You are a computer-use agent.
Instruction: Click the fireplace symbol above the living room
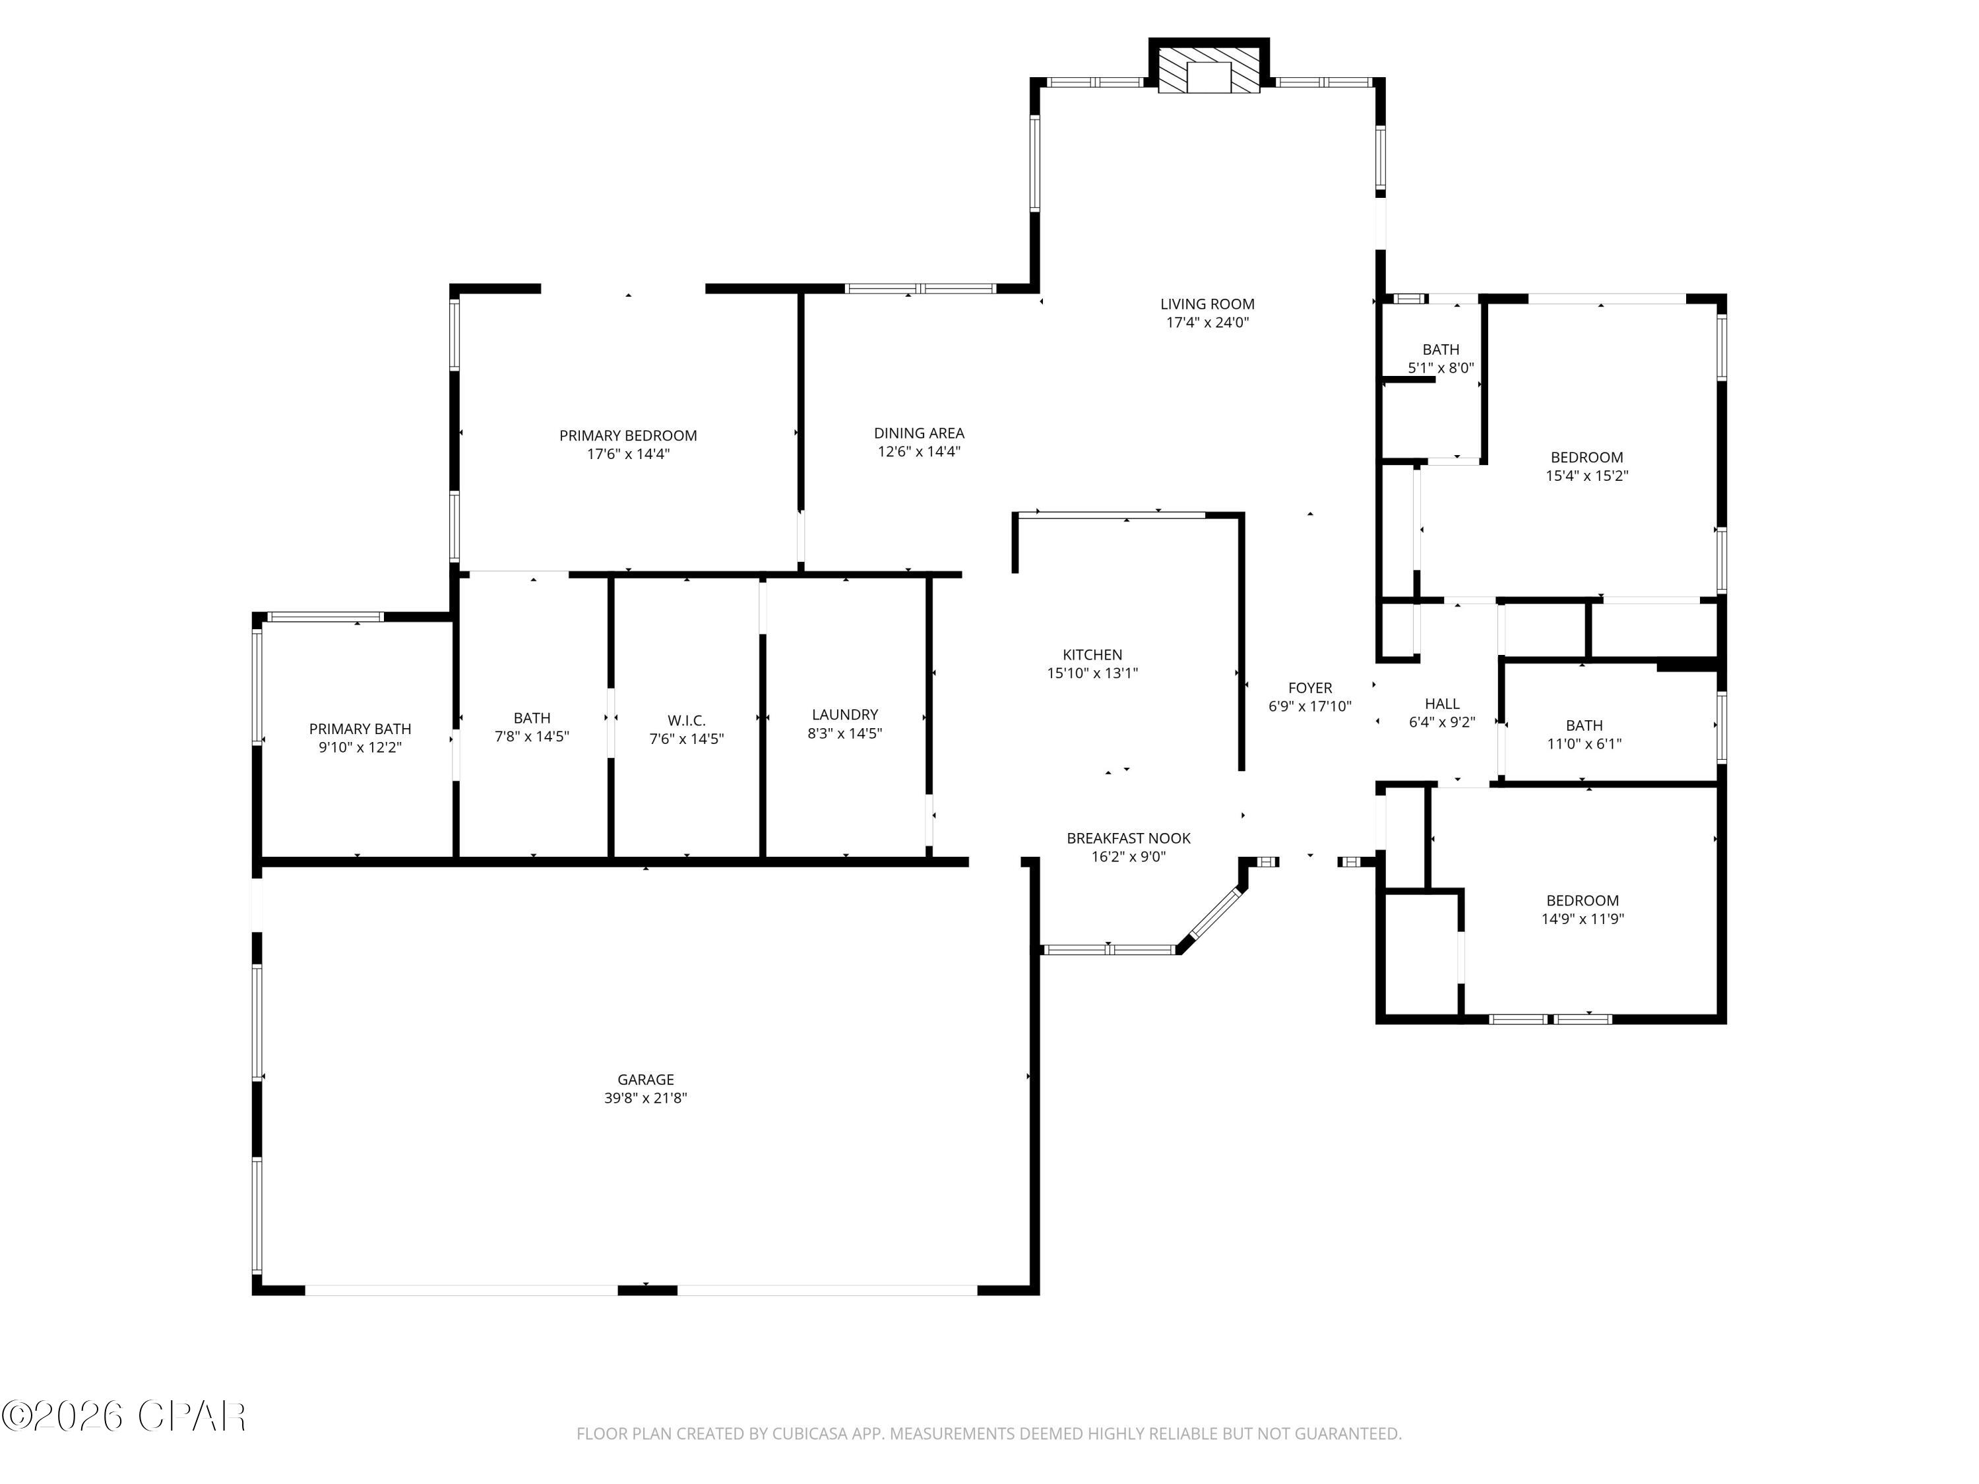[x=1208, y=68]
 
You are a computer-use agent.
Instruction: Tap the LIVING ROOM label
[x=1207, y=304]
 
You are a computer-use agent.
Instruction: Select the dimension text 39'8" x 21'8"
[x=645, y=1098]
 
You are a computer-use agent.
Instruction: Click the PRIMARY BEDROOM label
[x=628, y=435]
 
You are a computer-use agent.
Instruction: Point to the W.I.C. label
[x=686, y=720]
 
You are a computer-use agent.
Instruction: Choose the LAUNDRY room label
[x=844, y=715]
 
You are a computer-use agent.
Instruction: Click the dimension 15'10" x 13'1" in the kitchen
[x=1092, y=673]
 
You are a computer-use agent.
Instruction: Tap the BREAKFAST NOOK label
[x=1128, y=838]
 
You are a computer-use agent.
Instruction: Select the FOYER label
[x=1310, y=688]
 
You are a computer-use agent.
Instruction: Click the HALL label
[x=1441, y=704]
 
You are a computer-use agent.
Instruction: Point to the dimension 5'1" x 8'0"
[x=1441, y=367]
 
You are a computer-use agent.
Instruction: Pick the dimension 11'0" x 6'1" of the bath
[x=1584, y=743]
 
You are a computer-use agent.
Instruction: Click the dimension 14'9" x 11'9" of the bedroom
[x=1582, y=919]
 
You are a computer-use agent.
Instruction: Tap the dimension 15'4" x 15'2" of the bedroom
[x=1586, y=476]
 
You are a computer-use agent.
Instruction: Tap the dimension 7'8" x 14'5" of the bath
[x=532, y=737]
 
